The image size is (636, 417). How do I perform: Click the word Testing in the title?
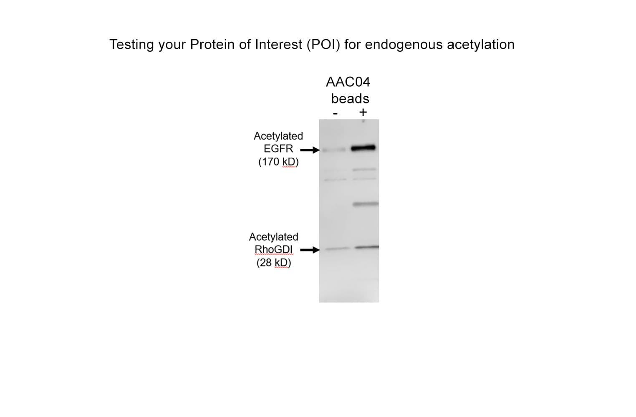coord(132,45)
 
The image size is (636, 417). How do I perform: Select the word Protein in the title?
coord(212,44)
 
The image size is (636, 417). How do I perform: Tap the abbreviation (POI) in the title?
coord(323,45)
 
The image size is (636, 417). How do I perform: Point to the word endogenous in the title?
coord(404,45)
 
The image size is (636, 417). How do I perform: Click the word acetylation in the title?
coord(481,45)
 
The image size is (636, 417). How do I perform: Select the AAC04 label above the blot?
coord(348,82)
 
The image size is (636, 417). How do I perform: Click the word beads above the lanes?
coord(350,99)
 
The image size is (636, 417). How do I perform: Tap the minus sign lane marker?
coord(336,114)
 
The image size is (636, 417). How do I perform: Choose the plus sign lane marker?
coord(363,113)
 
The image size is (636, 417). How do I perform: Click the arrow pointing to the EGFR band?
coord(310,150)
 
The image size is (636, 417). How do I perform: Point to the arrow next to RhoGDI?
coord(310,250)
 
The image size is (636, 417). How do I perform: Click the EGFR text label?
coord(278,148)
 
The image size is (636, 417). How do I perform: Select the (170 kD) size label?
coord(278,162)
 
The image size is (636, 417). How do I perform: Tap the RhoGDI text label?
coord(273,250)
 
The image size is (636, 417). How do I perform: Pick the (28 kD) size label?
coord(274,263)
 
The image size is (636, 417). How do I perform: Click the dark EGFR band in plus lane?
coord(363,148)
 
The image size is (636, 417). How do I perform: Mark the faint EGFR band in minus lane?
coord(334,150)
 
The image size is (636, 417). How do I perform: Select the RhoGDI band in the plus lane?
coord(367,247)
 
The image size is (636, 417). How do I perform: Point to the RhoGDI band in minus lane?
coord(337,249)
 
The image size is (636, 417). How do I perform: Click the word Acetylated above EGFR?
coord(278,136)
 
